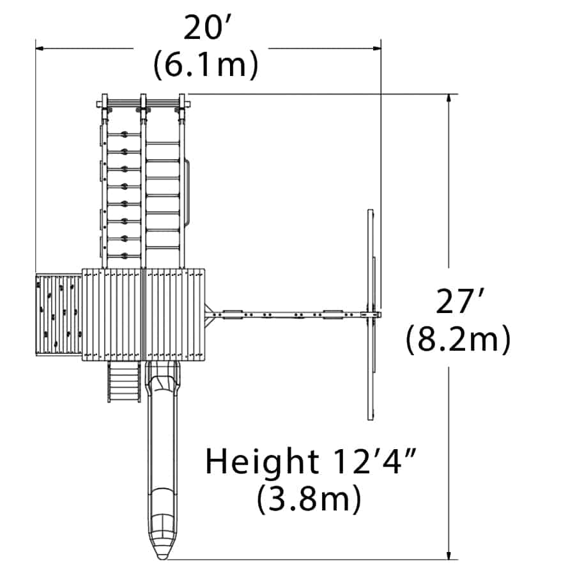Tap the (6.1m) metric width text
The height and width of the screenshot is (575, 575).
pos(206,65)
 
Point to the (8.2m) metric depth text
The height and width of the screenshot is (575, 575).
pos(458,339)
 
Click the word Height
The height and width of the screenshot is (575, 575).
pos(262,461)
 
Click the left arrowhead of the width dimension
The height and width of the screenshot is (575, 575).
pos(40,48)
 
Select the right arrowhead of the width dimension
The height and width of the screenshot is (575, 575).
pos(376,48)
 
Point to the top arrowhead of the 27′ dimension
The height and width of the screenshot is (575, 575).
pos(448,98)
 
